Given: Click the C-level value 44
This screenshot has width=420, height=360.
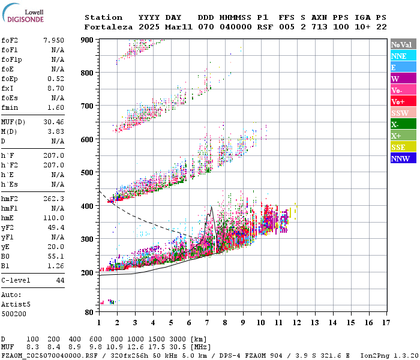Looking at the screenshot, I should (x=60, y=280).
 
